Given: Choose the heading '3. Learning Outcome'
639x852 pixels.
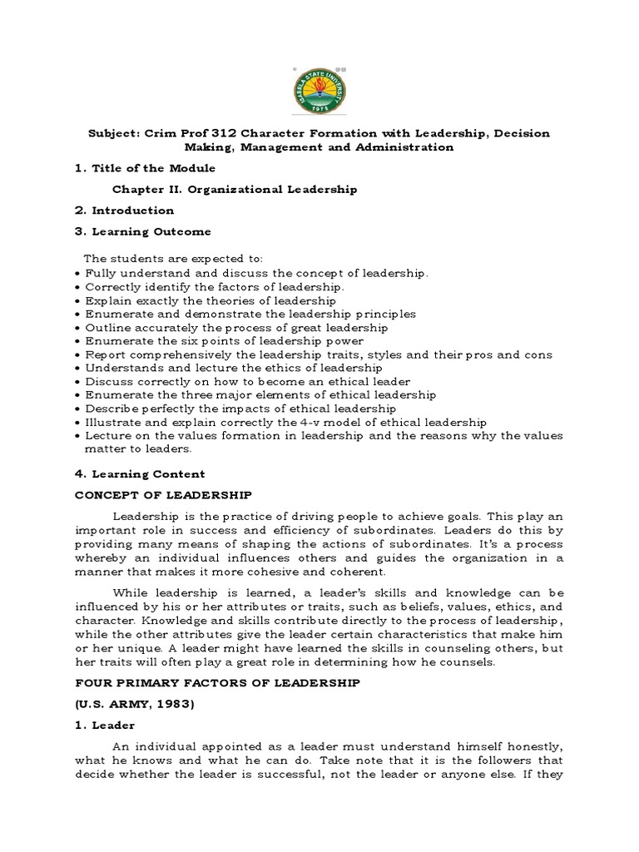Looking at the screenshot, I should click(142, 231).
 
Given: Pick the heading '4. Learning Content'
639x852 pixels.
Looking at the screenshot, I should click(140, 474).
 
